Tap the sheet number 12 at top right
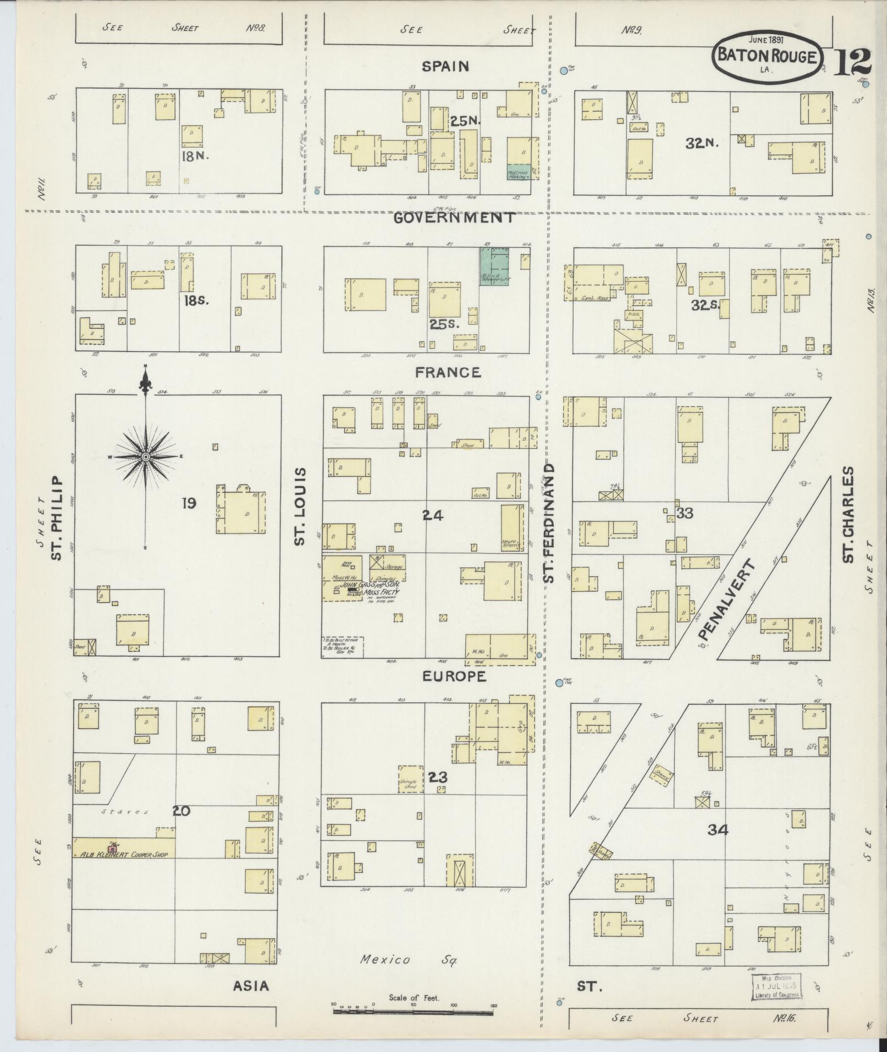[x=853, y=62]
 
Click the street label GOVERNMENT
[x=454, y=218]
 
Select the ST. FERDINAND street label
[x=549, y=522]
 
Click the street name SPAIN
[x=445, y=67]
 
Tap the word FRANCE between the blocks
[x=448, y=372]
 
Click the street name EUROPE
[x=454, y=676]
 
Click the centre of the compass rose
[x=146, y=457]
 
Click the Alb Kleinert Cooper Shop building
[x=124, y=863]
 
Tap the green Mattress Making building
[x=519, y=172]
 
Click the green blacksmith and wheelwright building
[x=494, y=266]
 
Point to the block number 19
[x=189, y=503]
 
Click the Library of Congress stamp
[x=776, y=987]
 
